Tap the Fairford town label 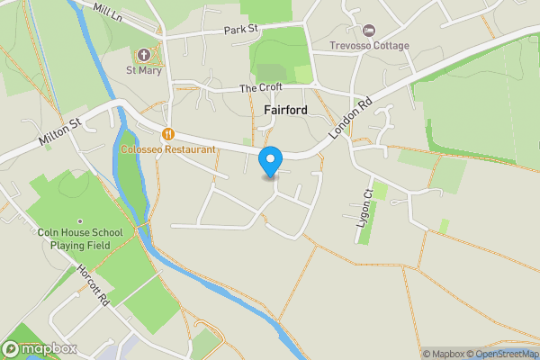pyautogui.click(x=286, y=110)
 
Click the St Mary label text pyautogui.click(x=145, y=71)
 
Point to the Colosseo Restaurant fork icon pyautogui.click(x=167, y=132)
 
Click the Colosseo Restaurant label pyautogui.click(x=168, y=148)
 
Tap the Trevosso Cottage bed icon pyautogui.click(x=367, y=31)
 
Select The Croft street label pyautogui.click(x=261, y=87)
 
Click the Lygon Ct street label pyautogui.click(x=365, y=208)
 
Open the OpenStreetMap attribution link pyautogui.click(x=508, y=354)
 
